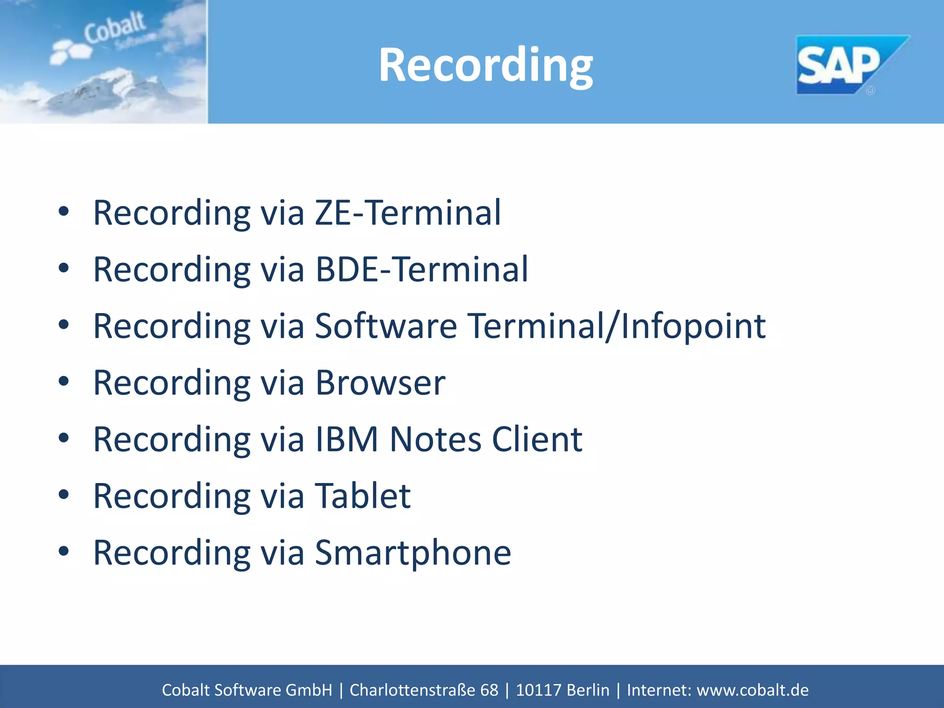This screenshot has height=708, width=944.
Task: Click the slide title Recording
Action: click(x=485, y=65)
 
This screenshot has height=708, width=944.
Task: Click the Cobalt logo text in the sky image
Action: click(x=114, y=29)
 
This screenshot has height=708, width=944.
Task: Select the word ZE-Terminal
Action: click(x=407, y=212)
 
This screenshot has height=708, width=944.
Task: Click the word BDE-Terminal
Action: click(x=421, y=269)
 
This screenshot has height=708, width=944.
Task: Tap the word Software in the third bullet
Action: click(x=386, y=326)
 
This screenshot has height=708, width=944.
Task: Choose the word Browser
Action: click(x=380, y=383)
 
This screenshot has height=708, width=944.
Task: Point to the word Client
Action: click(x=537, y=439)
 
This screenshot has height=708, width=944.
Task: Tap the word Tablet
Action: click(x=362, y=496)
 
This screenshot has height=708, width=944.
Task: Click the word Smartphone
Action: click(x=413, y=553)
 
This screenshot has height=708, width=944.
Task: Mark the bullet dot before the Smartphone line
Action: click(x=64, y=551)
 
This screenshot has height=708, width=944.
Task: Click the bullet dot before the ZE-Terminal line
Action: click(x=64, y=212)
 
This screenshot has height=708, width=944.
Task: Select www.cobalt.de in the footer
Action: click(x=752, y=690)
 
